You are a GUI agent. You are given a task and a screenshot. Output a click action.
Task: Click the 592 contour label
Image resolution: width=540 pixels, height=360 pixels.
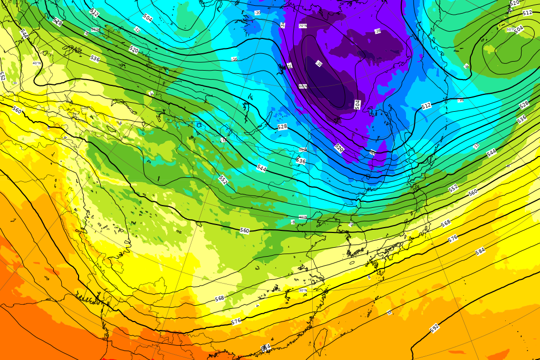pyautogui.click(x=435, y=328)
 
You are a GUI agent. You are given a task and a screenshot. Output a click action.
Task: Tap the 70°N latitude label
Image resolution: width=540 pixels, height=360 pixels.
pyautogui.click(x=303, y=26)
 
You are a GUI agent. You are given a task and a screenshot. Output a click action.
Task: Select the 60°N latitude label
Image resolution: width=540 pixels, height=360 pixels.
pyautogui.click(x=303, y=86)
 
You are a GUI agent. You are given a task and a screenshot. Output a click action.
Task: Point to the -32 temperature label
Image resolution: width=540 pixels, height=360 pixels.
pyautogui.click(x=319, y=64)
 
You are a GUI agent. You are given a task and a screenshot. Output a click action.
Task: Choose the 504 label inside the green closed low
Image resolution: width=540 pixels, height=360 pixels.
pyautogui.click(x=519, y=29)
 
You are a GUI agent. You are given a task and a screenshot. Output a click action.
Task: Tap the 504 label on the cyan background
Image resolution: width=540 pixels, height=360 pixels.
pyautogui.click(x=148, y=18)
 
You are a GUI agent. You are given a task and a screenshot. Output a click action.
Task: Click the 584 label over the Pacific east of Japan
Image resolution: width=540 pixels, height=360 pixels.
pyautogui.click(x=480, y=251)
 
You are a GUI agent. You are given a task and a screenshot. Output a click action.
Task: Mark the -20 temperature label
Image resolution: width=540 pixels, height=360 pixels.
pyautogui.click(x=257, y=12)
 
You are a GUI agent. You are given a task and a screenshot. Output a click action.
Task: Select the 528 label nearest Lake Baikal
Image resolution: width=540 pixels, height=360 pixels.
pyautogui.click(x=282, y=127)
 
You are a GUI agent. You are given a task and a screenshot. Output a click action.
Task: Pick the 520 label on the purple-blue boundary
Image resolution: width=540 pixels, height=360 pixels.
pyautogui.click(x=339, y=149)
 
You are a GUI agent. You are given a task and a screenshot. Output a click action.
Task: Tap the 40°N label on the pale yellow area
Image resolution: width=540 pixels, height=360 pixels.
pyautogui.click(x=36, y=63)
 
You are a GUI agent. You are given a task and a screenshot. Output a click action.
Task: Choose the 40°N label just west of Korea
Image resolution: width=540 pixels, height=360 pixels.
pyautogui.click(x=303, y=217)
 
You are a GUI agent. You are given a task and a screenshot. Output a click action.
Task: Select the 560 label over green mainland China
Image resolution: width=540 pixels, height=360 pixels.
pyautogui.click(x=244, y=230)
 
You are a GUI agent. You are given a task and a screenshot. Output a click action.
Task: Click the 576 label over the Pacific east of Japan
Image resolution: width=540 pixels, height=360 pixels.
pyautogui.click(x=452, y=238)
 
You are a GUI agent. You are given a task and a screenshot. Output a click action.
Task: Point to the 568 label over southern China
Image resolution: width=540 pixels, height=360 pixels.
pyautogui.click(x=219, y=298)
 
